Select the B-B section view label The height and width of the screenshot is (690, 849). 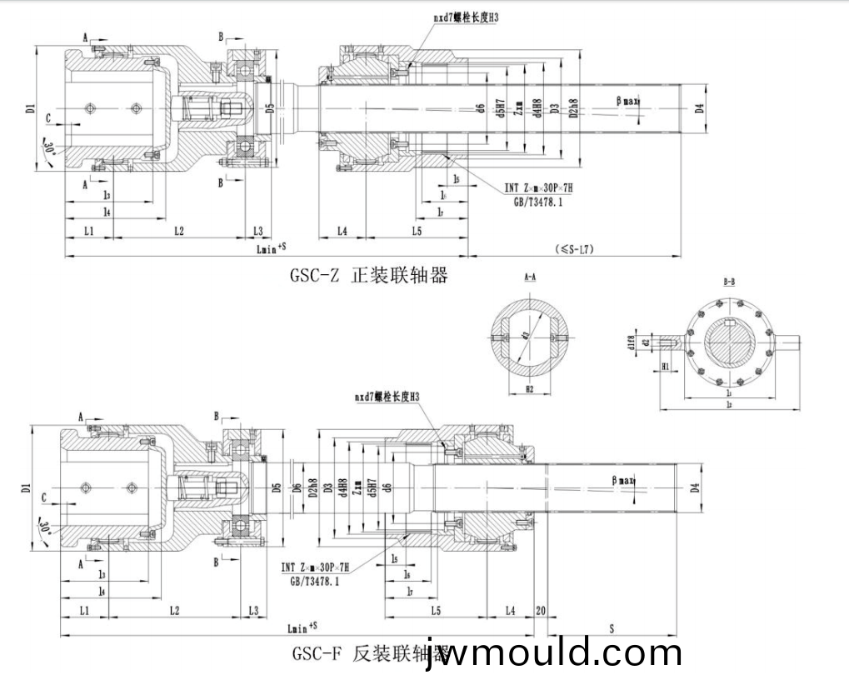coord(729,282)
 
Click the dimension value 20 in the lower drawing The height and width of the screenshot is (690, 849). coord(541,611)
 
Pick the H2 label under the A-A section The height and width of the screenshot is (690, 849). coord(529,389)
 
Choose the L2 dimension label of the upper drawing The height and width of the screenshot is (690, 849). coord(178,230)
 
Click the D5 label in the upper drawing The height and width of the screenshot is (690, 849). coord(269,107)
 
